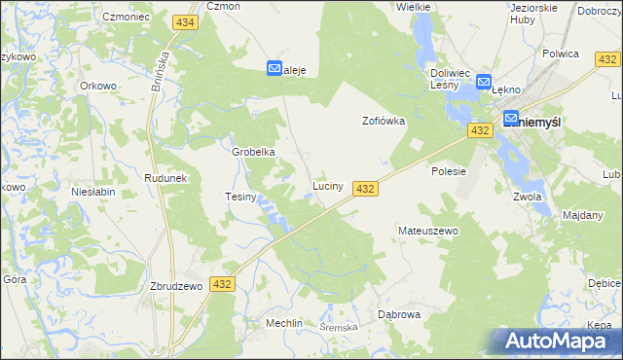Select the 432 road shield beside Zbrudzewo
(223, 284)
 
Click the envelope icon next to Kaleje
(275, 69)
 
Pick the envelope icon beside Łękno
(484, 85)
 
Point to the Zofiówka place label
(384, 122)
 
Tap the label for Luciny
(327, 185)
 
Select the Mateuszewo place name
(428, 231)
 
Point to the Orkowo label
(98, 85)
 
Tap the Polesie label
(450, 170)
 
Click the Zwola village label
(527, 196)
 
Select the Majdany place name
(583, 214)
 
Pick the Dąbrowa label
(398, 314)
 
